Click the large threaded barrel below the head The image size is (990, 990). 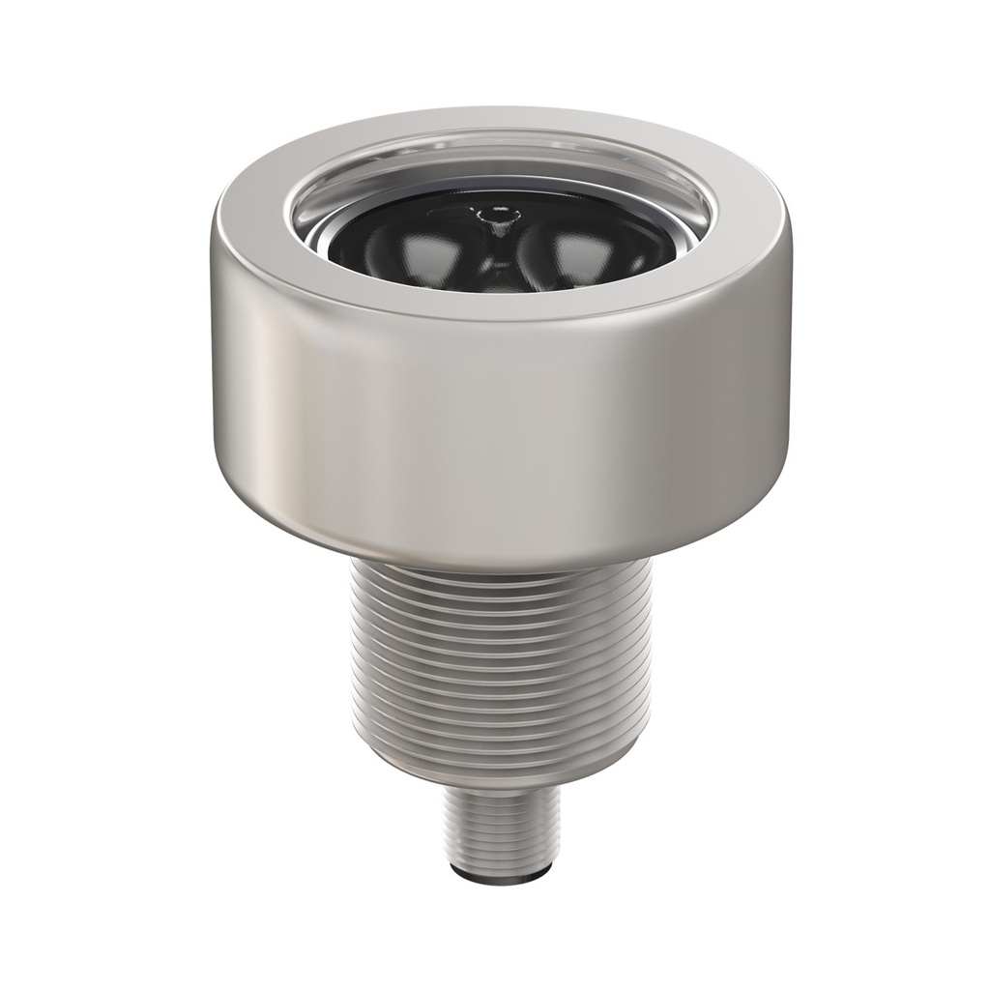pos(500,667)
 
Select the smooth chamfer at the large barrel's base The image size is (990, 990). pos(500,769)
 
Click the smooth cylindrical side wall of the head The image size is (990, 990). pos(500,425)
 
